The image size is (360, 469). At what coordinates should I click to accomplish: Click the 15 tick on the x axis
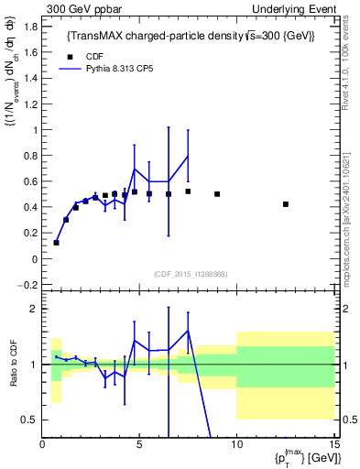[334, 446]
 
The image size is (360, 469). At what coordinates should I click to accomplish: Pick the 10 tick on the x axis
[236, 446]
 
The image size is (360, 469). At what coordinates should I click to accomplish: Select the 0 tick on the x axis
[43, 446]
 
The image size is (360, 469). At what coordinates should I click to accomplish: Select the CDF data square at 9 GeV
[217, 194]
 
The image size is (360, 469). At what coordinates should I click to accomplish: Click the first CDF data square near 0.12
[57, 243]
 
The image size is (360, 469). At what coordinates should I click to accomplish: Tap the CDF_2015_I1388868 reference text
[190, 275]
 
